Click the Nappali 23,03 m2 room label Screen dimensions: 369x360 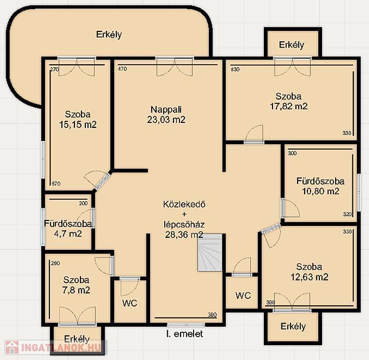(x=166, y=115)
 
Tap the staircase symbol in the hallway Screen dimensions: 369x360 (x=210, y=253)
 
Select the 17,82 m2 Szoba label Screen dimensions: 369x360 (x=289, y=101)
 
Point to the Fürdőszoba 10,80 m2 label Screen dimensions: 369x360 (x=320, y=186)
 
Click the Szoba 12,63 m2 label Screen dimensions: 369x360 (x=309, y=272)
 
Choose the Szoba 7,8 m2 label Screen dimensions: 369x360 (x=76, y=285)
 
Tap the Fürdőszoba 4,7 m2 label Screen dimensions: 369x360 (x=68, y=229)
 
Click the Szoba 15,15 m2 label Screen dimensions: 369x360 (x=78, y=119)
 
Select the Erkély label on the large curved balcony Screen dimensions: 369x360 (x=109, y=34)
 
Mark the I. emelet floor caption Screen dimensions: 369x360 (x=184, y=334)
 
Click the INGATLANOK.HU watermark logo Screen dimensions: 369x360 (x=55, y=347)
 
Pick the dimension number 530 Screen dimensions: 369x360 (x=235, y=69)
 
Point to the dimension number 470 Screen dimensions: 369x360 (x=122, y=69)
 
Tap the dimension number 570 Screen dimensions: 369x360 (x=56, y=184)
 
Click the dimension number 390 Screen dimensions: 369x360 (x=270, y=302)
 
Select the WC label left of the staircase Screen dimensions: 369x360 (x=130, y=303)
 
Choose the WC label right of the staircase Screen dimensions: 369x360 (x=243, y=295)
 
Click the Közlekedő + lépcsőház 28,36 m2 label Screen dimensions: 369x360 (x=184, y=219)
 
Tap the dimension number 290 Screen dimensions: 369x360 (x=55, y=263)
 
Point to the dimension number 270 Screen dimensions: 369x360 (x=55, y=69)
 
